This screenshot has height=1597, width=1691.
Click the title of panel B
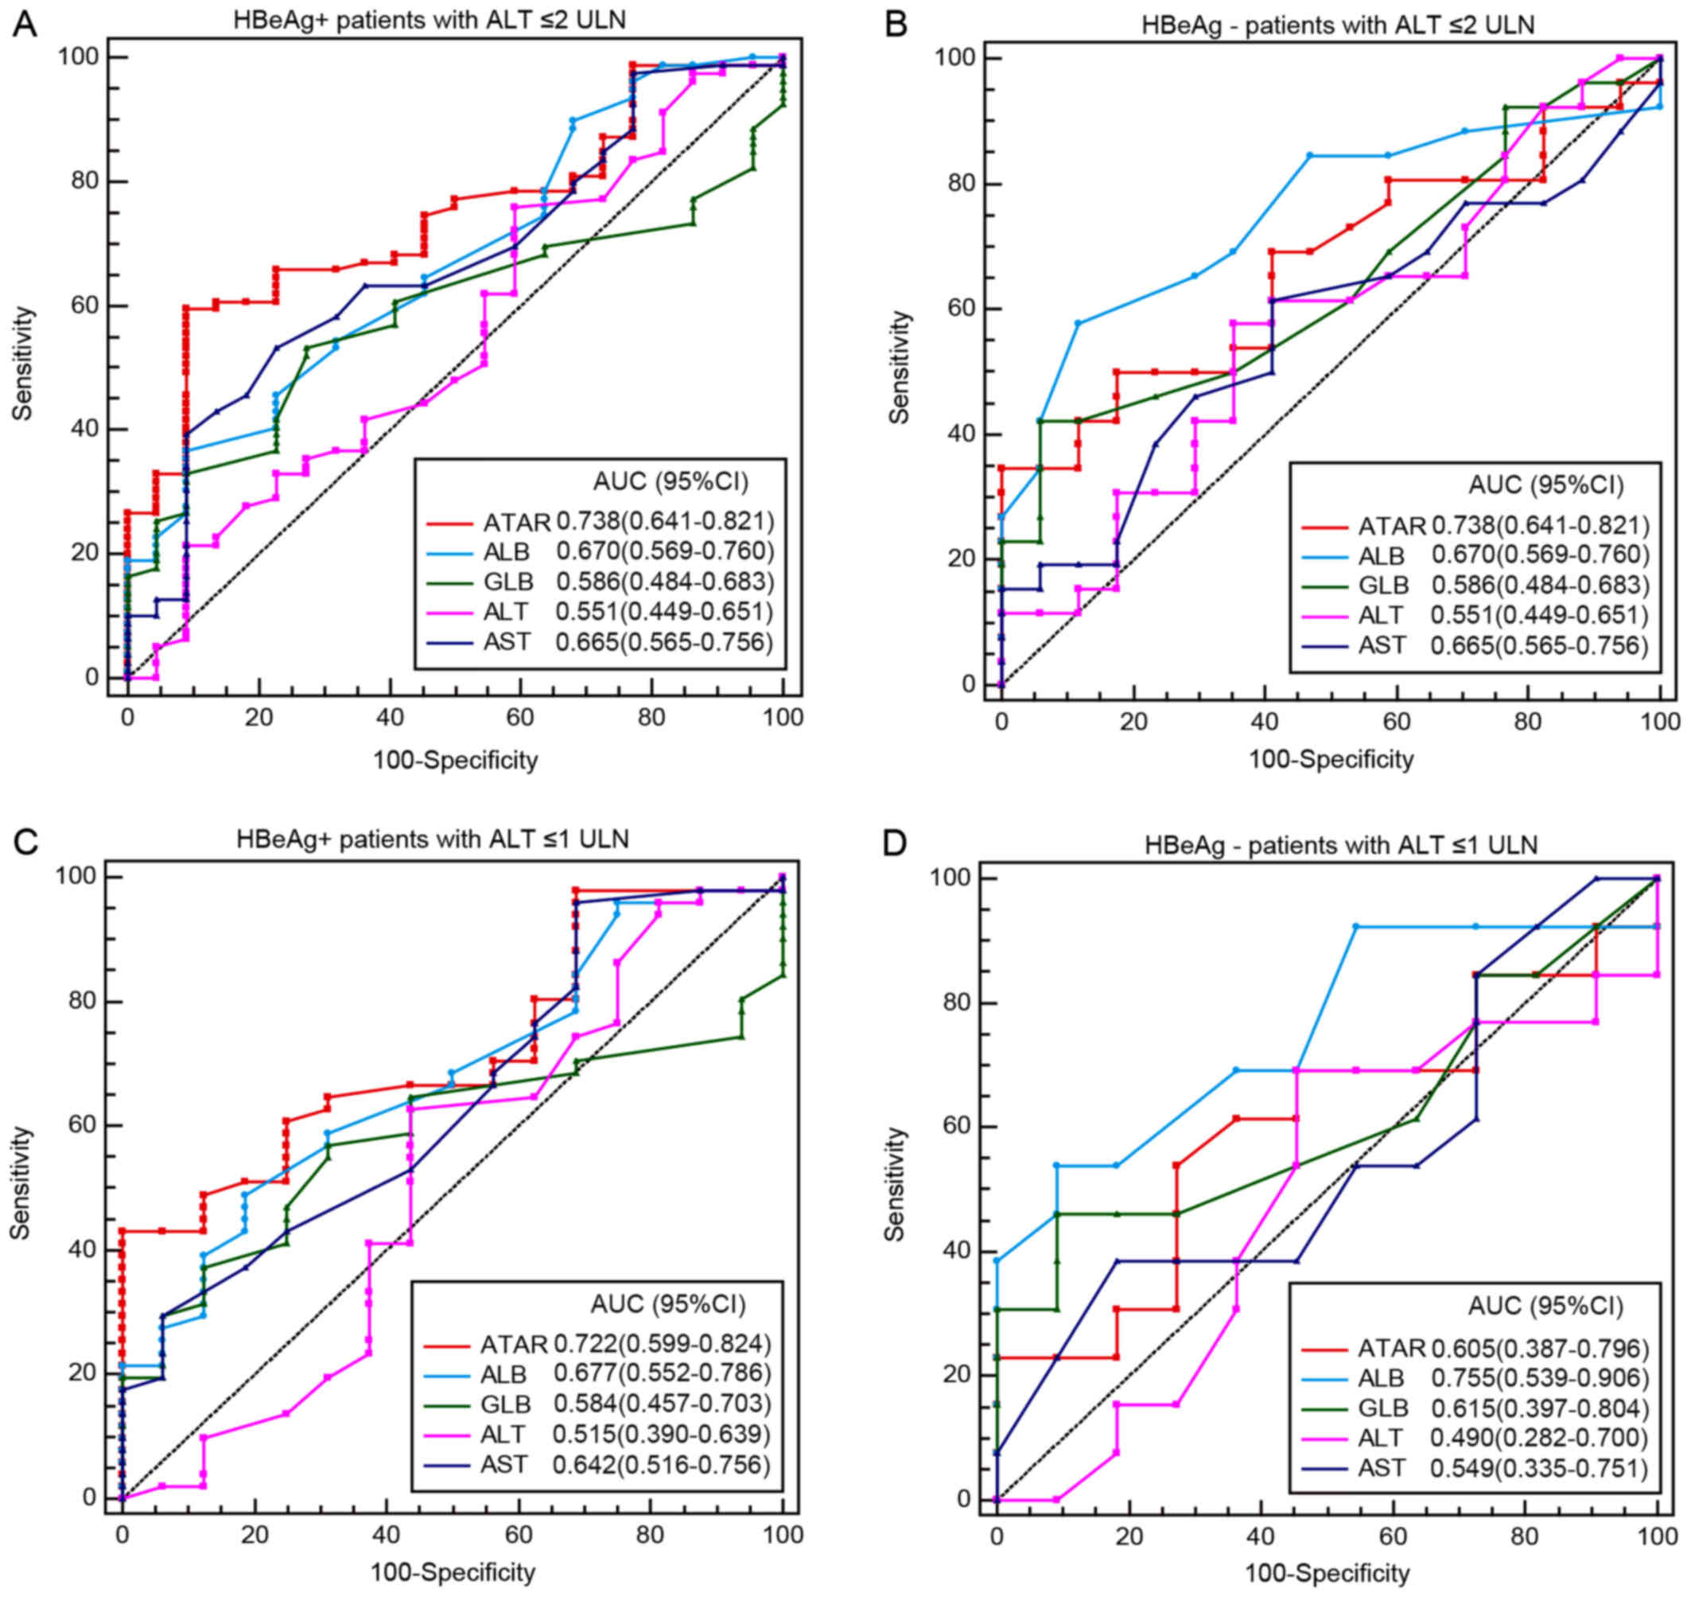pos(1338,25)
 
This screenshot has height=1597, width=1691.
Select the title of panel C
pos(433,839)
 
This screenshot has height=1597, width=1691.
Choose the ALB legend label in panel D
pos(1380,1377)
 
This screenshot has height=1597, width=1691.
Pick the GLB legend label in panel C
pos(506,1404)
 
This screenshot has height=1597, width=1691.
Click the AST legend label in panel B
pos(1382,645)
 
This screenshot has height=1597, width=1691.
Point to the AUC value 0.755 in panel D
pos(1462,1377)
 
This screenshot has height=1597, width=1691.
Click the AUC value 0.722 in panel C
pos(585,1344)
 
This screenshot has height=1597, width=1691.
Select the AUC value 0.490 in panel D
pos(1462,1438)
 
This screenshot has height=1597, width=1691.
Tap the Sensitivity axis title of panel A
pos(23,364)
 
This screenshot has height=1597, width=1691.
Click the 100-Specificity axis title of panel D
pos(1327,1573)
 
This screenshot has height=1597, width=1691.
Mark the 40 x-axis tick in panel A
pos(390,718)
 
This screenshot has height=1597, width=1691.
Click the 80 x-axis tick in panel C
pos(651,1535)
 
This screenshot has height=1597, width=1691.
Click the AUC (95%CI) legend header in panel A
pos(671,482)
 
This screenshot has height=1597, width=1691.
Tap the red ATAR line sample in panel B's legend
pos(1324,527)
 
